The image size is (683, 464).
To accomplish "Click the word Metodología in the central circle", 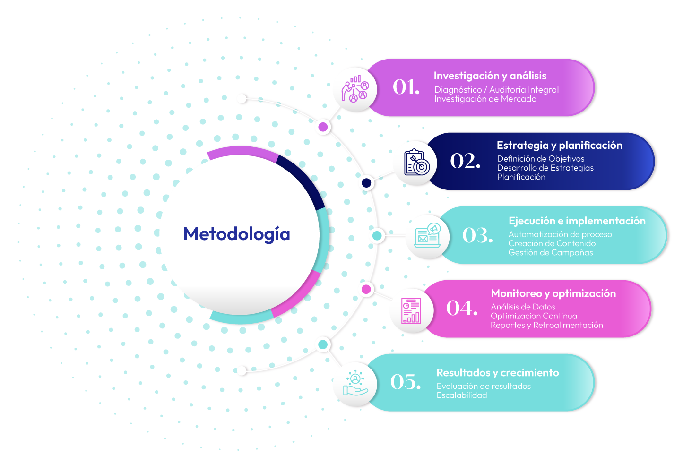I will point(236,234).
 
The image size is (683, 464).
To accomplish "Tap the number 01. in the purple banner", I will point(406,87).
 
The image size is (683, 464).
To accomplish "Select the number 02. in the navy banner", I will point(465,161).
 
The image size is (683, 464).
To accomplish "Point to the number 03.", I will point(477,235).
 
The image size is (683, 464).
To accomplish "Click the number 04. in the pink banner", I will point(462,308).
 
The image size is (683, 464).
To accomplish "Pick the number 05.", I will point(406,382).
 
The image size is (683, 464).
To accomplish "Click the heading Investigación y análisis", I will point(490,76).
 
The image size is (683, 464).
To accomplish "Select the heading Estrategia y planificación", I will point(559,145).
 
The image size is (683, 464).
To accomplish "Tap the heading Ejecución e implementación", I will point(577,221).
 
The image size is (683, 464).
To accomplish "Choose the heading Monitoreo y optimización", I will point(553,293).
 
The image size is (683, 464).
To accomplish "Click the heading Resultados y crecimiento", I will point(497,373).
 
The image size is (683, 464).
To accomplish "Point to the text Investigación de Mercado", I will point(485,99).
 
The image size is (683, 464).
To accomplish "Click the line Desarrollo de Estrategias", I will point(545,168).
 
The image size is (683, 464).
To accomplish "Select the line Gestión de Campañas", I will point(550,252).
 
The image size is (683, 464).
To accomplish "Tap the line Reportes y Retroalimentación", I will point(546,325).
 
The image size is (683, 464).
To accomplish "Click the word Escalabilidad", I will point(461,395).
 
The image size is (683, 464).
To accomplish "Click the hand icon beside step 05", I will point(355,384).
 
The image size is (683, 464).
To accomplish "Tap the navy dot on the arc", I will point(366,183).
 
